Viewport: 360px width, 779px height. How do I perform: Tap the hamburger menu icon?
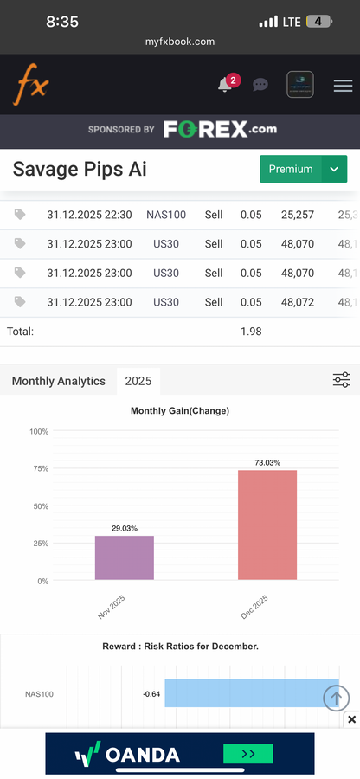[343, 85]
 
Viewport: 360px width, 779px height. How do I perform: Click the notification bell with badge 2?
[226, 84]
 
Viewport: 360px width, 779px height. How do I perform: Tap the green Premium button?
[290, 169]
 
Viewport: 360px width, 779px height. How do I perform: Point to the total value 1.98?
[250, 331]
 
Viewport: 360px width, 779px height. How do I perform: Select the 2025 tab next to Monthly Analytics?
[138, 381]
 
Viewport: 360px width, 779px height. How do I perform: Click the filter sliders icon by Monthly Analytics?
[341, 380]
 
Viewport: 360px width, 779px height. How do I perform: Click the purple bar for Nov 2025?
[124, 557]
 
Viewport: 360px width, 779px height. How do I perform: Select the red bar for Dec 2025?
[267, 525]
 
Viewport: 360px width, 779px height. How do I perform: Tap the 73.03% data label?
[267, 463]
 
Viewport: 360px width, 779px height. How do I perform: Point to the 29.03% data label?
[125, 528]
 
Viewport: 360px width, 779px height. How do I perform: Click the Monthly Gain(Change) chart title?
[180, 411]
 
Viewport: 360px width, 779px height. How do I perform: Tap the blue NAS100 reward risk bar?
[251, 693]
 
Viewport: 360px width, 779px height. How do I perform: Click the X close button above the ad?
[351, 719]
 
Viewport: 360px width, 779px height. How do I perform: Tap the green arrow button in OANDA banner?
[248, 754]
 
